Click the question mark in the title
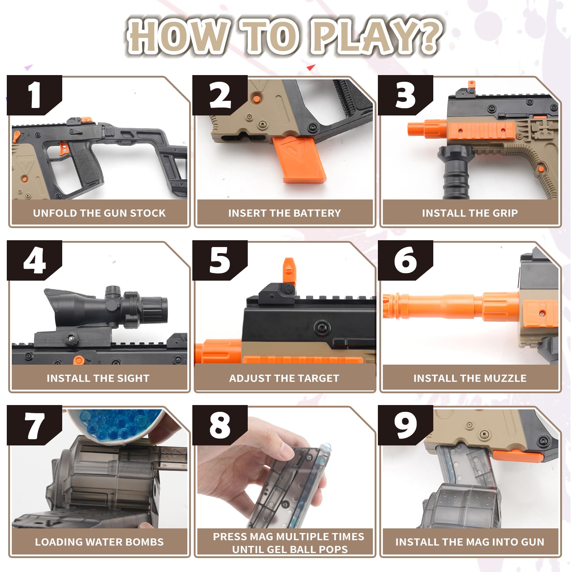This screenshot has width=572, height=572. tap(425, 36)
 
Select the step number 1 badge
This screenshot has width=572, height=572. tap(34, 95)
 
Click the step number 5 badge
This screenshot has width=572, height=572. tap(220, 260)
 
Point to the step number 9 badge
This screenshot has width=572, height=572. tap(405, 425)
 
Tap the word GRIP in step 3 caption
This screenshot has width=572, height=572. tap(505, 213)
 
